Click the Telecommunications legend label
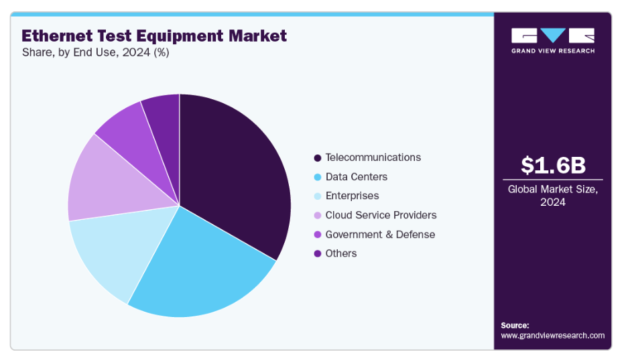pos(373,158)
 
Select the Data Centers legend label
pos(356,177)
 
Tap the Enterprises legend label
pos(352,196)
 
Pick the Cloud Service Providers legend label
pos(381,215)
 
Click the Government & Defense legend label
pos(380,235)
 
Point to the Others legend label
pos(340,253)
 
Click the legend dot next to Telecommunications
pos(317,158)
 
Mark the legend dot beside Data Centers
pos(317,178)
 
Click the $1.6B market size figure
pos(552,165)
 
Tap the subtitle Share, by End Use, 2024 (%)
pos(95,52)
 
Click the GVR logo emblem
pos(552,36)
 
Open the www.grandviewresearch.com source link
pos(552,335)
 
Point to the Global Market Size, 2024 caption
pos(552,195)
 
